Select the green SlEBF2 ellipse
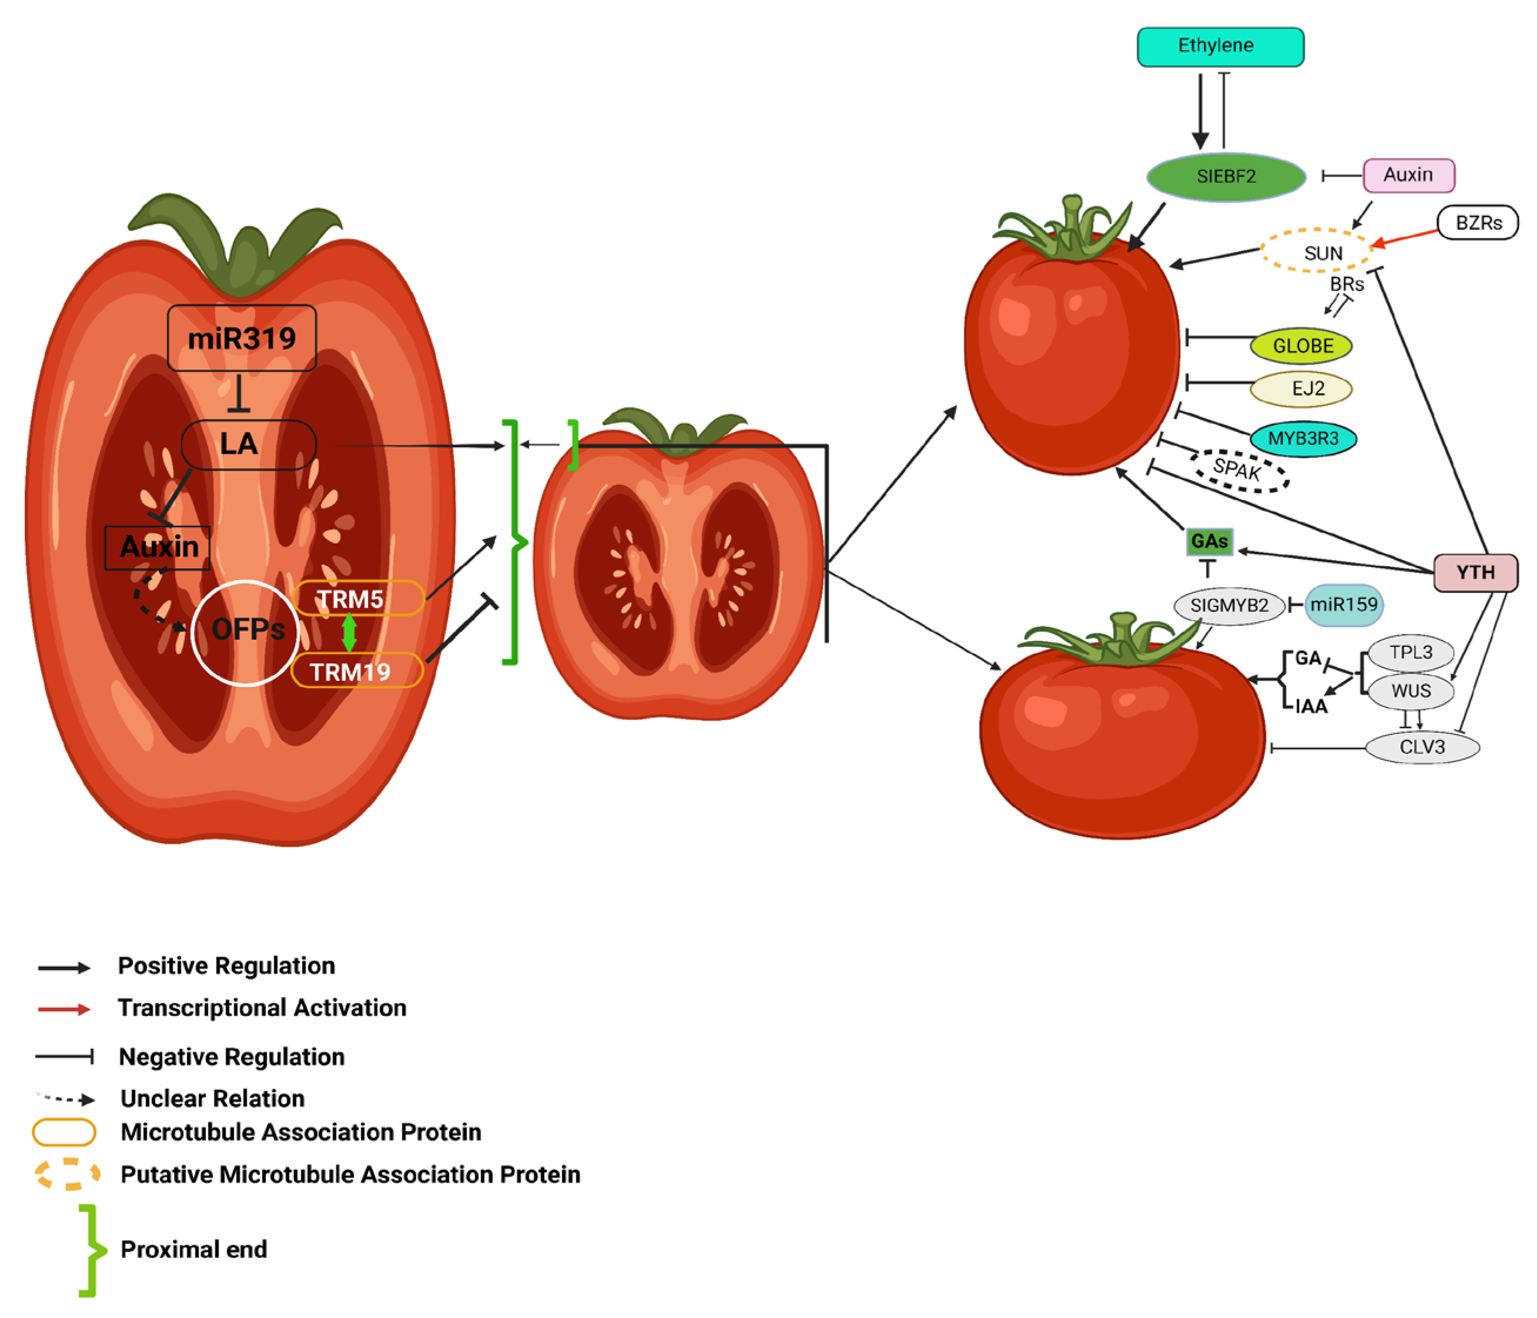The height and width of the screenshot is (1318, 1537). coord(1226,176)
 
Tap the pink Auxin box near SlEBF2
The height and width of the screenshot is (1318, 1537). coord(1408,175)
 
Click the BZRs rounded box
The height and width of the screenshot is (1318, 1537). coord(1478,223)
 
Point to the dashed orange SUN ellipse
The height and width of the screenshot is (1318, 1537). coord(1316,251)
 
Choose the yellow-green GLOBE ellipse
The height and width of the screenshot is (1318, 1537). coord(1301,346)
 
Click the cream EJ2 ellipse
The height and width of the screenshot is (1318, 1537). coord(1301,388)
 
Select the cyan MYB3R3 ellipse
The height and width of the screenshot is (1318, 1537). coord(1302,438)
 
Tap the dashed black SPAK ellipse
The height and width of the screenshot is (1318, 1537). coord(1239,469)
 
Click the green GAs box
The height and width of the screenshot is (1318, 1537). coord(1209,541)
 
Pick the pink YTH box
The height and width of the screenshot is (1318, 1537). coord(1475,572)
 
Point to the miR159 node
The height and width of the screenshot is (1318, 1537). coord(1344,605)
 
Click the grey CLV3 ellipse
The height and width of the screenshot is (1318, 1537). coord(1422,747)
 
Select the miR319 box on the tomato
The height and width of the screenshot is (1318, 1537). coord(242,338)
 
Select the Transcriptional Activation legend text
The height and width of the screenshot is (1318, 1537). coord(262,1008)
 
